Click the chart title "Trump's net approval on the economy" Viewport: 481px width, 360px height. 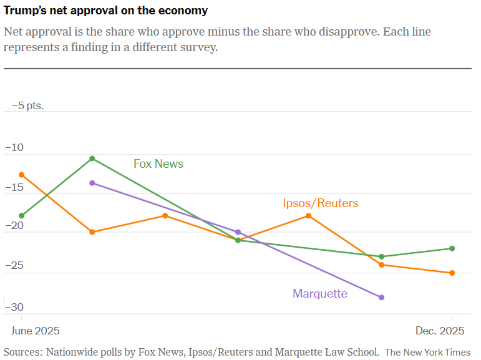click(106, 11)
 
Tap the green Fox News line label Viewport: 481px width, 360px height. click(158, 164)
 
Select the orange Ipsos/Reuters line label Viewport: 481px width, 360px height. click(321, 203)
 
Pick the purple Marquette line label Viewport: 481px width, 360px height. click(320, 293)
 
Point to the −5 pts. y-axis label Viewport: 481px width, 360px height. click(28, 105)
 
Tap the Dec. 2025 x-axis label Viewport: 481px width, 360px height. click(440, 330)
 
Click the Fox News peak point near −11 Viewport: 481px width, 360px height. click(92, 158)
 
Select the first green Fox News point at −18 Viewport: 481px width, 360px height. click(22, 216)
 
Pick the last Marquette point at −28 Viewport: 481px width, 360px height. click(382, 298)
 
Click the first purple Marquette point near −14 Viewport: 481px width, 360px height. click(92, 183)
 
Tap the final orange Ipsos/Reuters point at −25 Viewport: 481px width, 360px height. click(452, 273)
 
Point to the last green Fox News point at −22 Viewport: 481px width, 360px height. click(452, 248)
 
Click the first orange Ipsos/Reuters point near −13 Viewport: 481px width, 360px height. click(22, 175)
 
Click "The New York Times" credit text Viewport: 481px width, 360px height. click(427, 352)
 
